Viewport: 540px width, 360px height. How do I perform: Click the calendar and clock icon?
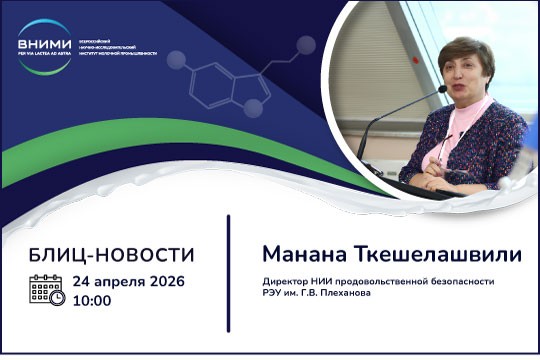pyautogui.click(x=47, y=290)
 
